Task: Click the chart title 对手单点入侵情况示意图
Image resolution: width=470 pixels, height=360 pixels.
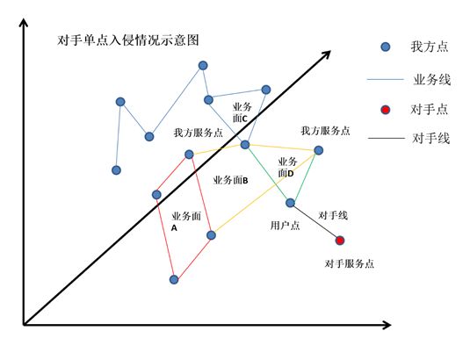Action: [x=128, y=40]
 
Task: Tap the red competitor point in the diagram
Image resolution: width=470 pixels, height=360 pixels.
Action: [x=340, y=241]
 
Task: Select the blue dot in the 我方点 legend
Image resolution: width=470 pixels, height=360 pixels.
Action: [x=386, y=47]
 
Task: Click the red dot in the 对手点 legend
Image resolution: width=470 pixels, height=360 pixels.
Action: [x=386, y=110]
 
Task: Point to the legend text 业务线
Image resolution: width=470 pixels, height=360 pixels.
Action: [x=431, y=80]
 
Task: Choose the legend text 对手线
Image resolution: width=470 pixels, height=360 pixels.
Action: [x=430, y=139]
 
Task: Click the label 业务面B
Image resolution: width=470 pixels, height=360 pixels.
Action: [x=230, y=180]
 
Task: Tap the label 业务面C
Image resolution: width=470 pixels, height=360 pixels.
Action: [x=242, y=112]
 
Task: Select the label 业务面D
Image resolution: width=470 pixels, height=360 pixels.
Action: [x=287, y=167]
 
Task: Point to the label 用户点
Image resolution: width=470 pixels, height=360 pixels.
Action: [x=285, y=226]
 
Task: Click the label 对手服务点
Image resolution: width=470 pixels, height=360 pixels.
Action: [x=349, y=263]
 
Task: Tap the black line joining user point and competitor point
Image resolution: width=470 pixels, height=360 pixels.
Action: [x=315, y=221]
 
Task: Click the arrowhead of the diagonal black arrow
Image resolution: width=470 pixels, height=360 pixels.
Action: [x=326, y=54]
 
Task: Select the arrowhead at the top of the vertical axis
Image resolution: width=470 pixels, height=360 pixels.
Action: [x=24, y=23]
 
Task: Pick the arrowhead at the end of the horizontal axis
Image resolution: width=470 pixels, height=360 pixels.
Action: [x=387, y=325]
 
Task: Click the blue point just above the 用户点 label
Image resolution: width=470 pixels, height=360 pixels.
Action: [x=290, y=203]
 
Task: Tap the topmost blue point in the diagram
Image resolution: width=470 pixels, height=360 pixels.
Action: [x=203, y=65]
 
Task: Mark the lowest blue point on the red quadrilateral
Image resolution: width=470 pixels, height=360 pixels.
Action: [x=174, y=280]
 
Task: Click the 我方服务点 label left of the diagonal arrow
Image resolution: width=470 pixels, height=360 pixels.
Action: [x=199, y=133]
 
